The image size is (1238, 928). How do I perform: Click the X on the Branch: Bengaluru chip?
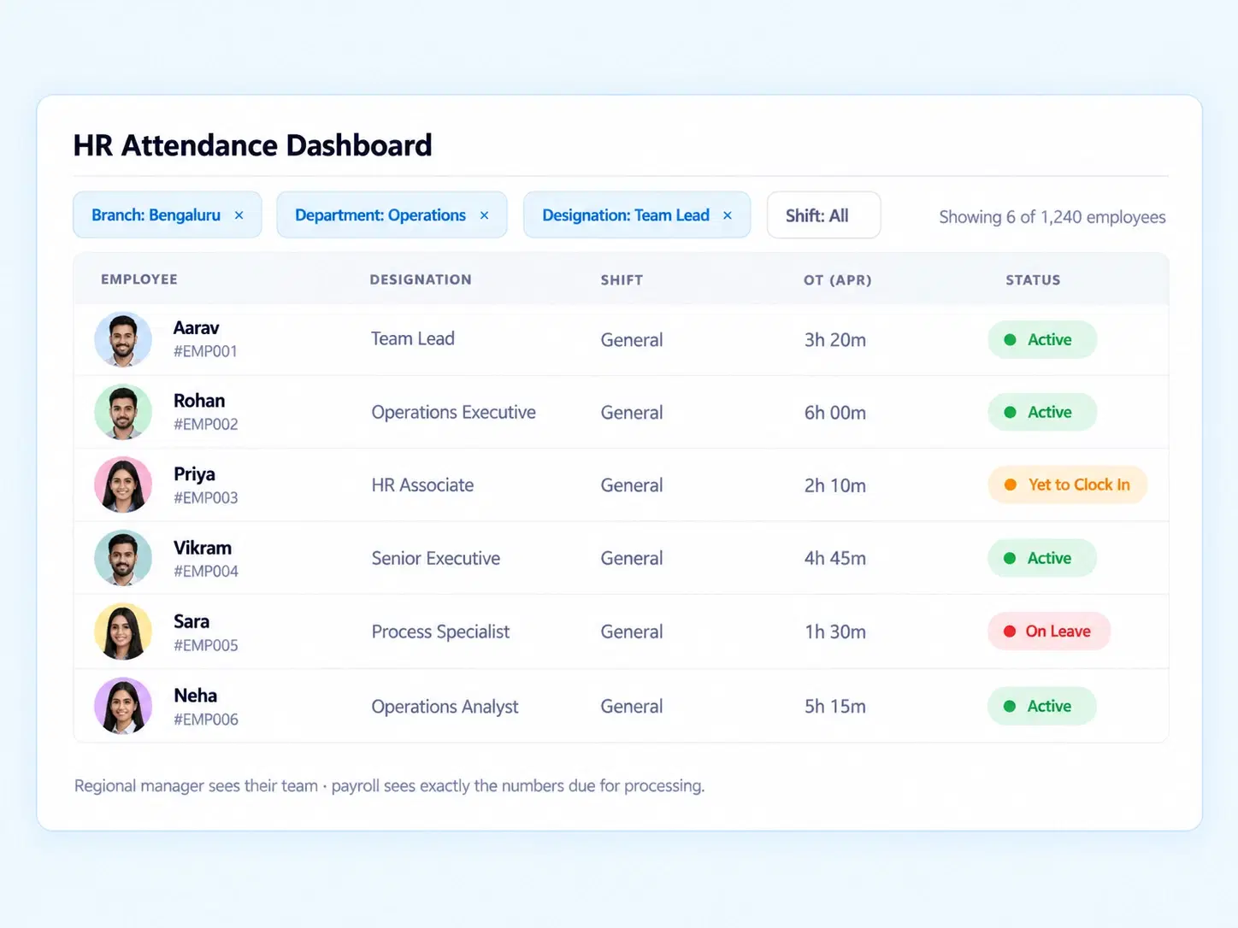point(239,215)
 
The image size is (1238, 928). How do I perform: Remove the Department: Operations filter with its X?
point(485,215)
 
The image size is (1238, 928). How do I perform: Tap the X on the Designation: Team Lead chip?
point(728,215)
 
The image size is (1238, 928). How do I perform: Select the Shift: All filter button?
point(823,215)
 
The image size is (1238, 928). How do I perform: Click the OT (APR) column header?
point(838,280)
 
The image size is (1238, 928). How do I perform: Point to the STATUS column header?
point(1033,280)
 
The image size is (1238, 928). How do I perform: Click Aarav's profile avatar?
point(123,340)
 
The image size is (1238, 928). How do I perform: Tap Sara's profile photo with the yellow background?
point(123,631)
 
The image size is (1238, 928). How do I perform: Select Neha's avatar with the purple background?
point(123,706)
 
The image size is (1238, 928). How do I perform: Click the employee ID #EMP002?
point(206,425)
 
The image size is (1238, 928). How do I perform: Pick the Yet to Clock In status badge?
point(1068,485)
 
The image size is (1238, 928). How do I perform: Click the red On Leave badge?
point(1049,631)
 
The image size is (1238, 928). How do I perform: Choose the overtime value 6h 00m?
point(834,413)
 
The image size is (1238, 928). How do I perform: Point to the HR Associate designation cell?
point(422,485)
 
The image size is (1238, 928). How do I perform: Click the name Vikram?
point(203,548)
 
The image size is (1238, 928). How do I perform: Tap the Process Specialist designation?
point(440,631)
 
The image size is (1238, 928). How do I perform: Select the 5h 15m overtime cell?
point(834,706)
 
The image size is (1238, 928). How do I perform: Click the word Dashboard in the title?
point(359,145)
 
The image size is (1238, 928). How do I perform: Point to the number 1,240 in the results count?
point(1061,217)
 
